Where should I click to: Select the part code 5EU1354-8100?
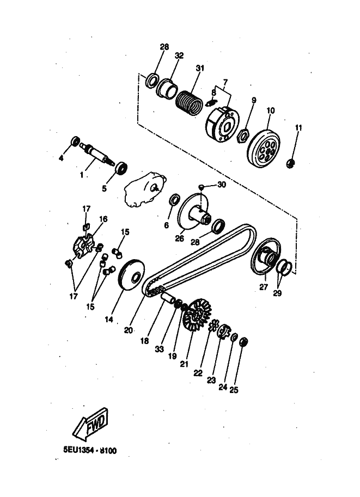[90, 451]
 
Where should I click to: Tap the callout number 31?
[200, 68]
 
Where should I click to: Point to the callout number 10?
[270, 111]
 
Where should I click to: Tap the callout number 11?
[298, 127]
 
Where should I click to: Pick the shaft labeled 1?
[98, 152]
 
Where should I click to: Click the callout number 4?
[62, 158]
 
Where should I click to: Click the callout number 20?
[129, 329]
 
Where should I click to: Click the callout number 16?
[103, 219]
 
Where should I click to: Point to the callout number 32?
[179, 56]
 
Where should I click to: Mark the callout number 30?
[221, 185]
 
